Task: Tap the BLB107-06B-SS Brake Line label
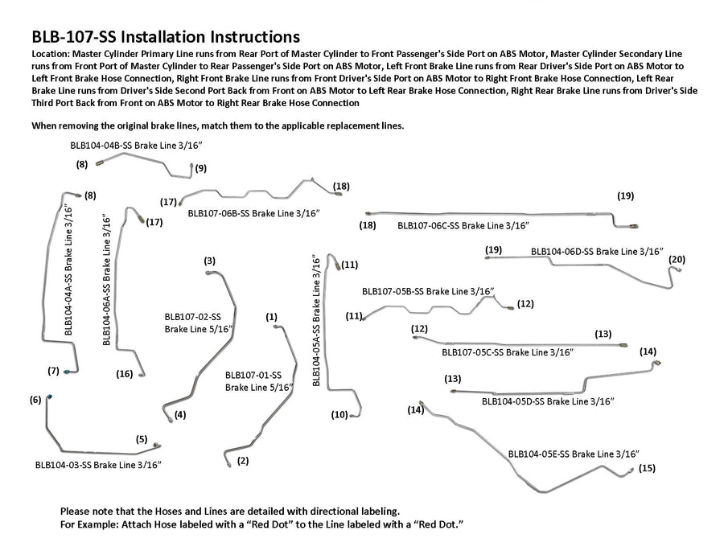click(254, 213)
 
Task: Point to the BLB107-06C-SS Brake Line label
click(463, 226)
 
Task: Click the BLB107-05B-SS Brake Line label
click(428, 290)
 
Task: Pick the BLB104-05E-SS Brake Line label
click(574, 454)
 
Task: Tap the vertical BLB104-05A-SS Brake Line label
click(318, 320)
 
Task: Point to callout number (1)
click(271, 317)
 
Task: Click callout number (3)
click(209, 261)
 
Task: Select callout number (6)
click(35, 400)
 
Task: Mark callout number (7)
click(54, 371)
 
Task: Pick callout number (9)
click(200, 168)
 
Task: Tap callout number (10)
click(339, 415)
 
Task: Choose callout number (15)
click(647, 468)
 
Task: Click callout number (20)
click(677, 259)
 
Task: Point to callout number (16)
click(125, 373)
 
